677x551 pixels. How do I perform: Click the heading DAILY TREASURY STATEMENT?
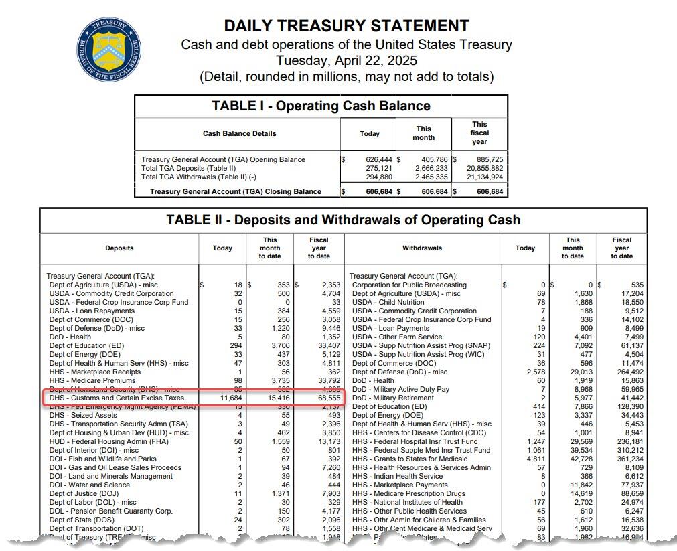(346, 26)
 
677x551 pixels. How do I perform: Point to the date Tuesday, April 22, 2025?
(346, 60)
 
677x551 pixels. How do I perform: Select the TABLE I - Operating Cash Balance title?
(321, 106)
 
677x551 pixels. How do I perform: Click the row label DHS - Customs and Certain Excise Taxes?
(117, 398)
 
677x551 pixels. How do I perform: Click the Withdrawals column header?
(422, 248)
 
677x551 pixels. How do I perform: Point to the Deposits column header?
(119, 248)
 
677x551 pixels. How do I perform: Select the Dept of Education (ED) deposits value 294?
(233, 345)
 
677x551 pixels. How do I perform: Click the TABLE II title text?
(343, 220)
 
